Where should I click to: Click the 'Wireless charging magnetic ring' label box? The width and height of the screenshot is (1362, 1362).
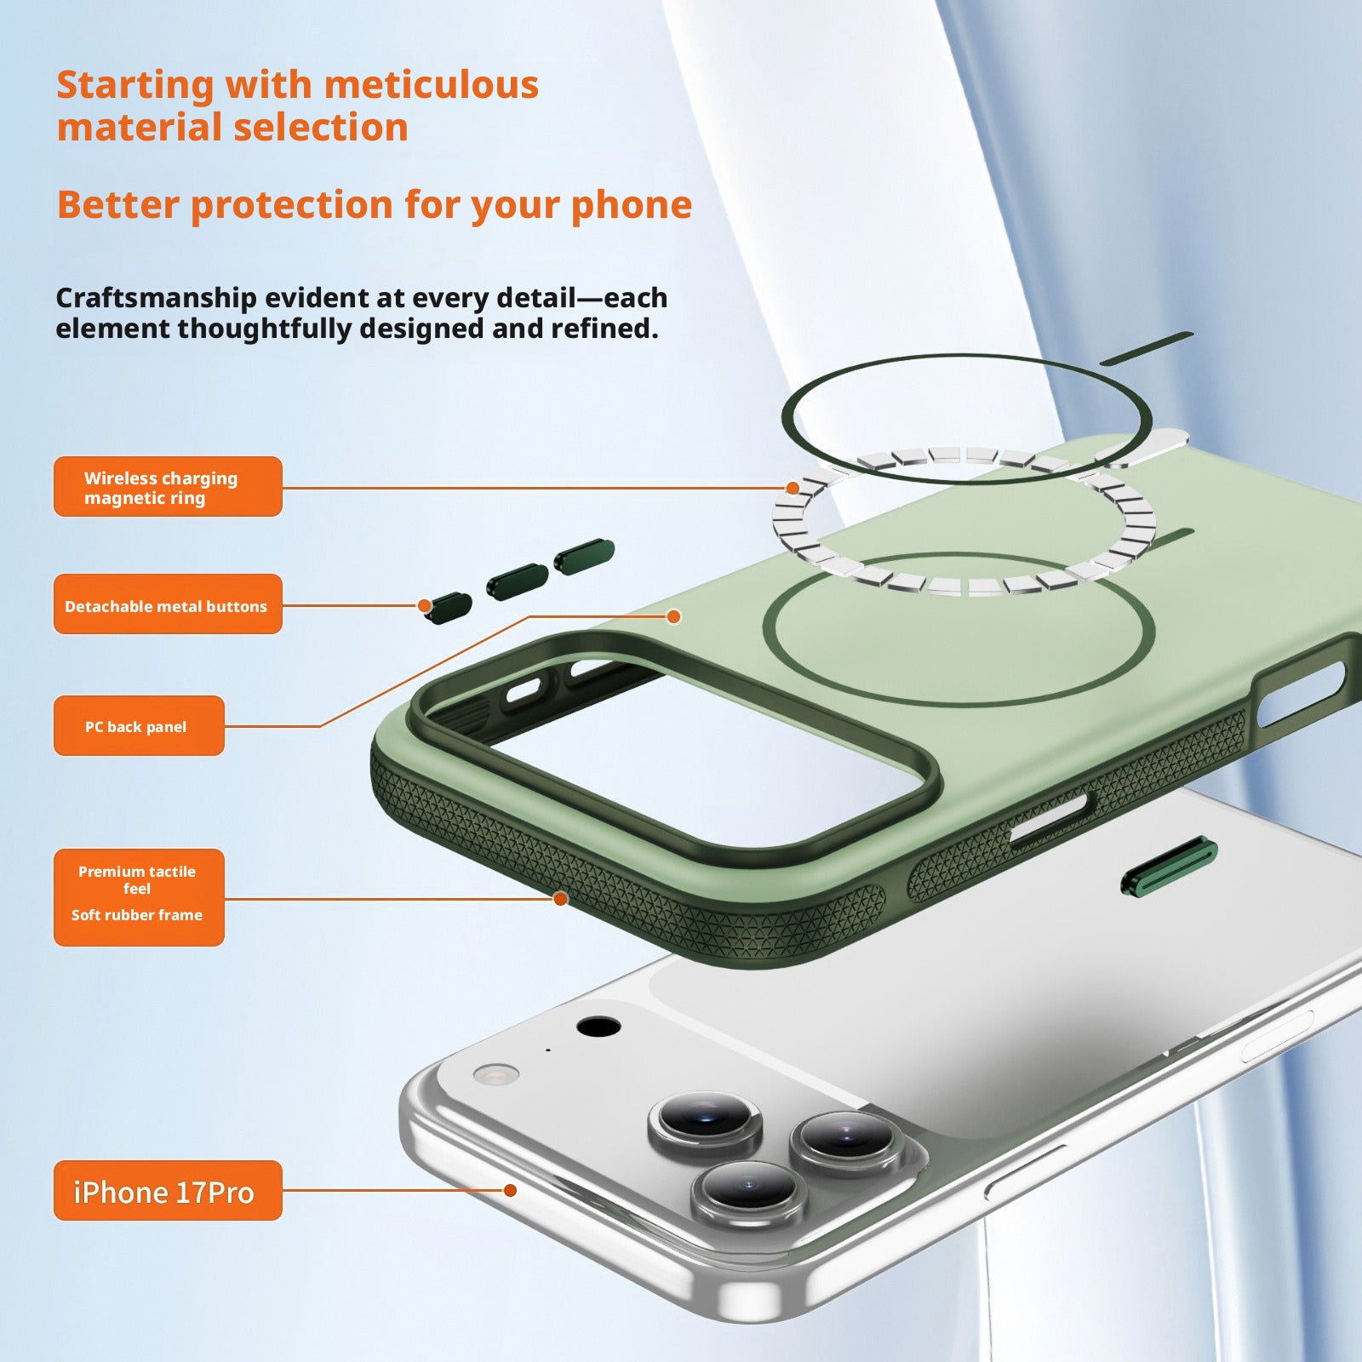click(168, 486)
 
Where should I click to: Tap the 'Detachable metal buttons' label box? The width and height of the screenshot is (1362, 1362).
click(168, 604)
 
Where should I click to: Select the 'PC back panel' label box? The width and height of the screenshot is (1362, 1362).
click(139, 725)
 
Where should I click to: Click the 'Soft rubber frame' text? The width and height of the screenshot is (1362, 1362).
click(137, 915)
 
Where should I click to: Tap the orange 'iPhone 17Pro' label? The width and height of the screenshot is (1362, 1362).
click(168, 1190)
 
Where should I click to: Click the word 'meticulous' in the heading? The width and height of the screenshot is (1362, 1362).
click(431, 84)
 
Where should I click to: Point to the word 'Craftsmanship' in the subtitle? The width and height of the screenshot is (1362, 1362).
click(156, 298)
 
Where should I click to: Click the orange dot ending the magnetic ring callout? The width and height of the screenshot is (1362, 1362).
click(793, 488)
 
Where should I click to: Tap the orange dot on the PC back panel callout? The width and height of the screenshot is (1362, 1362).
click(673, 616)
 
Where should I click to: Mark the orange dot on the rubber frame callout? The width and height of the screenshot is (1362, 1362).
click(560, 899)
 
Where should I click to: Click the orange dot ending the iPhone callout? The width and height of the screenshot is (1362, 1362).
click(510, 1190)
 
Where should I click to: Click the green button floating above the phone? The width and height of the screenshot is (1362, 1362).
click(1169, 866)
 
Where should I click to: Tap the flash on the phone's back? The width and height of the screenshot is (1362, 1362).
click(495, 1074)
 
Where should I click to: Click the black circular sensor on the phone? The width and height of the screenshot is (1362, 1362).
click(598, 1027)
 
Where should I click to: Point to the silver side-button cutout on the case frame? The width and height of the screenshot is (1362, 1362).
click(1048, 819)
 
